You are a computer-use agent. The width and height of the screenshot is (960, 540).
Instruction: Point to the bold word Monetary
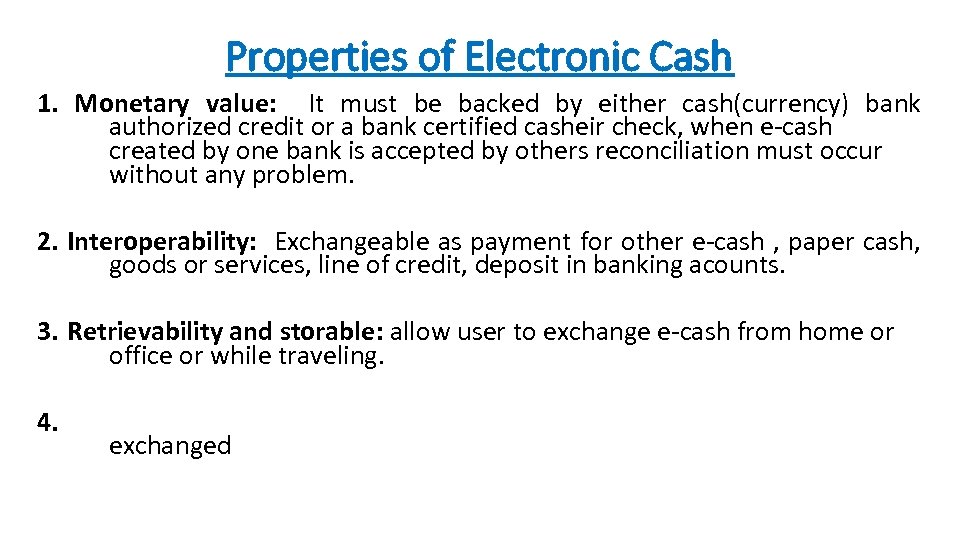[x=132, y=104]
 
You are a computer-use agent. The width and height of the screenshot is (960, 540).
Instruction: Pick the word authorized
[x=171, y=127]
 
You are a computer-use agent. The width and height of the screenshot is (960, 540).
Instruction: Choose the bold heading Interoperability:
[x=162, y=241]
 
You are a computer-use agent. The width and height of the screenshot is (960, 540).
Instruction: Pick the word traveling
[x=331, y=356]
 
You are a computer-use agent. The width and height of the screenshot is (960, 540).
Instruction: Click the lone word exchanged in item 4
[x=170, y=446]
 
